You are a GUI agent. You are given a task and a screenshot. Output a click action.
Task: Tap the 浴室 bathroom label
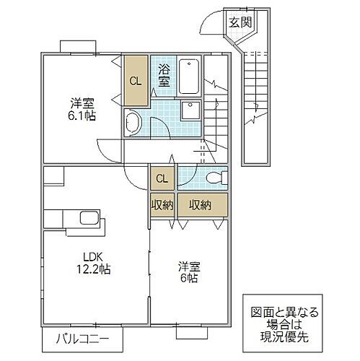tap(164, 76)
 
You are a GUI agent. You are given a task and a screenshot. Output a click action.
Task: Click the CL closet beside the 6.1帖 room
tap(135, 79)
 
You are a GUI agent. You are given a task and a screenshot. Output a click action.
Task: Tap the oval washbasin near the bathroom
tap(133, 123)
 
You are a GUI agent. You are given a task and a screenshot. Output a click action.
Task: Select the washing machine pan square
tap(190, 110)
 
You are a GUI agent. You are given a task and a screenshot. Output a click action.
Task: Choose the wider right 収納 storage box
tap(201, 206)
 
